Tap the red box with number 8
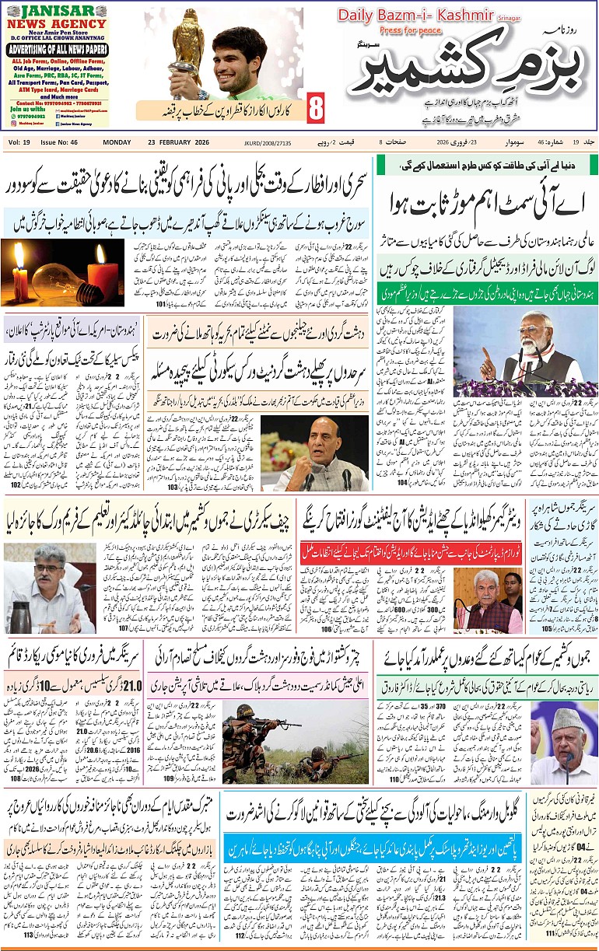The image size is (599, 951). [315, 110]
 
